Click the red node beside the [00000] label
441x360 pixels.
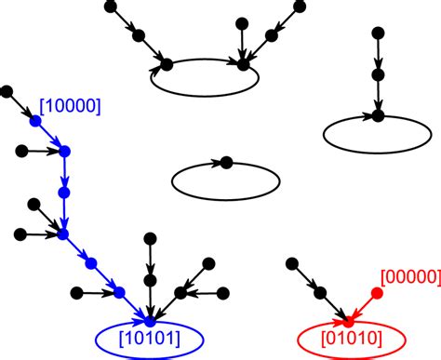pos(377,293)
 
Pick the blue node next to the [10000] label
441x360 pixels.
pos(35,121)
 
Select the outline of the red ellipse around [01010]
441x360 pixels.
pos(298,336)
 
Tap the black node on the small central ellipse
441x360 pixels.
pos(225,162)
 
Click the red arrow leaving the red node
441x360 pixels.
pos(364,306)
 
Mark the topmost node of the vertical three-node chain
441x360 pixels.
pos(377,34)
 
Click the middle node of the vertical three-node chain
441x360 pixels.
pos(377,74)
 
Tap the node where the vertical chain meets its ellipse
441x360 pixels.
pos(377,115)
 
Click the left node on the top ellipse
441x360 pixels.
pos(167,64)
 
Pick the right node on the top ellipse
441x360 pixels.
pos(243,64)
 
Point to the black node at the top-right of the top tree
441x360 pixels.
pos(299,7)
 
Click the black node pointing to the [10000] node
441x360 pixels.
pos(7,92)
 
